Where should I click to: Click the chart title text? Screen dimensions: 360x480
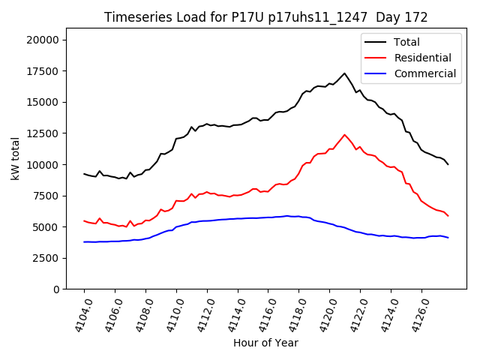tap(266, 17)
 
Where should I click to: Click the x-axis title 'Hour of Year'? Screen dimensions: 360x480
tap(265, 343)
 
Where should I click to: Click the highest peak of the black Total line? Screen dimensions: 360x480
tap(344, 73)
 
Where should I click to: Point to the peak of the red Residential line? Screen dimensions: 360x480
tap(344, 135)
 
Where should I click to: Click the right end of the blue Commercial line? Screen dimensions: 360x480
tap(448, 238)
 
